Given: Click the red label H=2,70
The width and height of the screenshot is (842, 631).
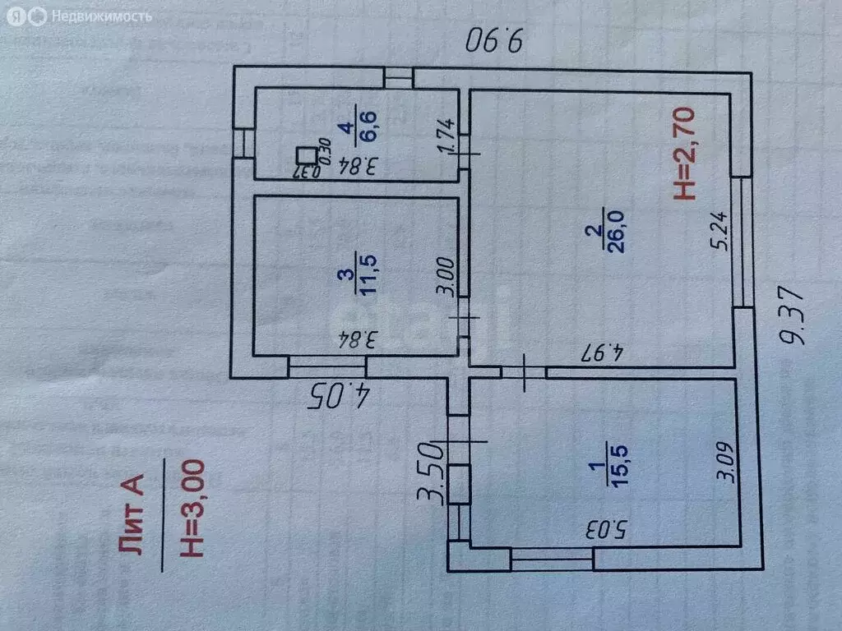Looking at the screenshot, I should tap(685, 154).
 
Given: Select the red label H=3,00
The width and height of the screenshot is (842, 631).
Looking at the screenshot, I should tap(192, 510).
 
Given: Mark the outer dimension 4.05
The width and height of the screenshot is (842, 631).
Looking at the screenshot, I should tap(340, 396).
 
